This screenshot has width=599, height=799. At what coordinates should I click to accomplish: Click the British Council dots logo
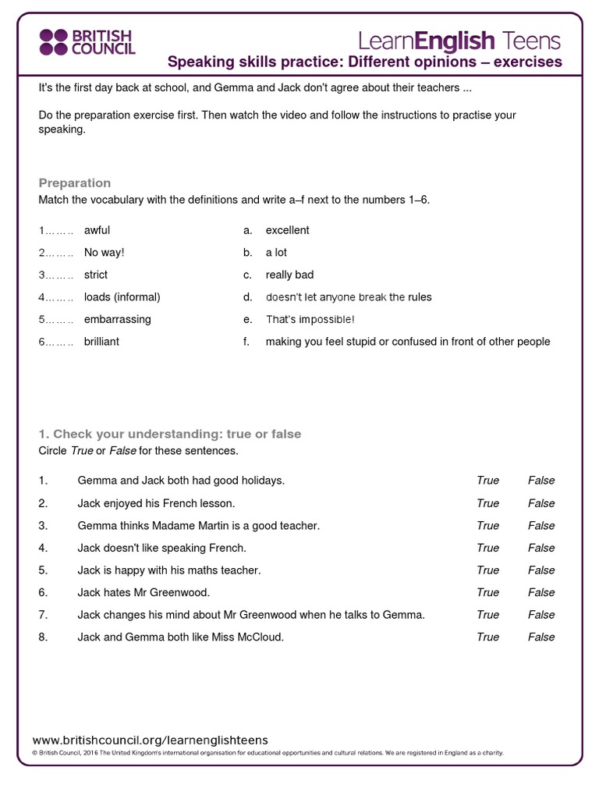pyautogui.click(x=54, y=42)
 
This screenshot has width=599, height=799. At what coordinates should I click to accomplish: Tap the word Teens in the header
pyautogui.click(x=530, y=41)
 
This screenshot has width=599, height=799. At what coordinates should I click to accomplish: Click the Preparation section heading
pyautogui.click(x=75, y=183)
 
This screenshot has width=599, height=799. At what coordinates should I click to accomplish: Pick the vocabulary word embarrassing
pyautogui.click(x=118, y=319)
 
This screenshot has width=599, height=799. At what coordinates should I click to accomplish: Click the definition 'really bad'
pyautogui.click(x=289, y=275)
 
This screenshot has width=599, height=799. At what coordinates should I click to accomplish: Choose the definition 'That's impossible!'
pyautogui.click(x=310, y=319)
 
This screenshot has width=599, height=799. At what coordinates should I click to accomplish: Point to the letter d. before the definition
pyautogui.click(x=247, y=297)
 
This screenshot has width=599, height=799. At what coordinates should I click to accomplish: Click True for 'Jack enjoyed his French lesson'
pyautogui.click(x=487, y=503)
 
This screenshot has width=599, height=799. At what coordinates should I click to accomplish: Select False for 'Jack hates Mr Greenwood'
pyautogui.click(x=541, y=592)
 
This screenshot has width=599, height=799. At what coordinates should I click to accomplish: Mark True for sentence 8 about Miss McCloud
pyautogui.click(x=487, y=637)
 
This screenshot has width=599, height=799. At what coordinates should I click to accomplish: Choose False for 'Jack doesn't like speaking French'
pyautogui.click(x=541, y=548)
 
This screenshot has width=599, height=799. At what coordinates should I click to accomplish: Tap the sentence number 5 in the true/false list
pyautogui.click(x=43, y=570)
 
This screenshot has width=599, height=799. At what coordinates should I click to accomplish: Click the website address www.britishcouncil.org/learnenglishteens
pyautogui.click(x=150, y=740)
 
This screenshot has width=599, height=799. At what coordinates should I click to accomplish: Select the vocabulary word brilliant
pyautogui.click(x=101, y=342)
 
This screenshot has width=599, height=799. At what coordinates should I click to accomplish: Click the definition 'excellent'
pyautogui.click(x=287, y=230)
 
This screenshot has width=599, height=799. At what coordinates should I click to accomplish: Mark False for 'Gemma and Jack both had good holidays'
pyautogui.click(x=541, y=481)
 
